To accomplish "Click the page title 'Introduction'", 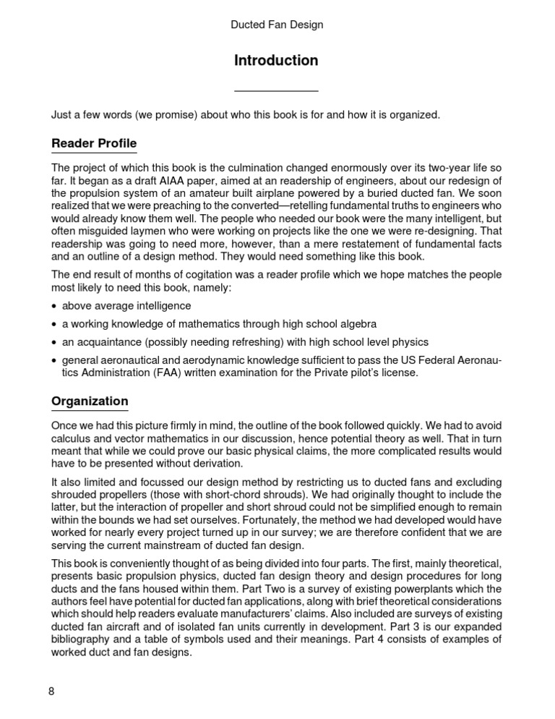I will [276, 61].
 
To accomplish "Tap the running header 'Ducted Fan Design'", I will [277, 25].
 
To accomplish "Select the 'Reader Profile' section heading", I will [94, 142].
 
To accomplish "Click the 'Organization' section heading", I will [90, 401].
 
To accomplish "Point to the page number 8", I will [51, 691].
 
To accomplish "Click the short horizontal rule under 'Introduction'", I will [277, 91].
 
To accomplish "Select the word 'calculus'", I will [72, 438].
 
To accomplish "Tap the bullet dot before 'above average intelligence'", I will [54, 307].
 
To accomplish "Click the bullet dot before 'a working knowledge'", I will [54, 324].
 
